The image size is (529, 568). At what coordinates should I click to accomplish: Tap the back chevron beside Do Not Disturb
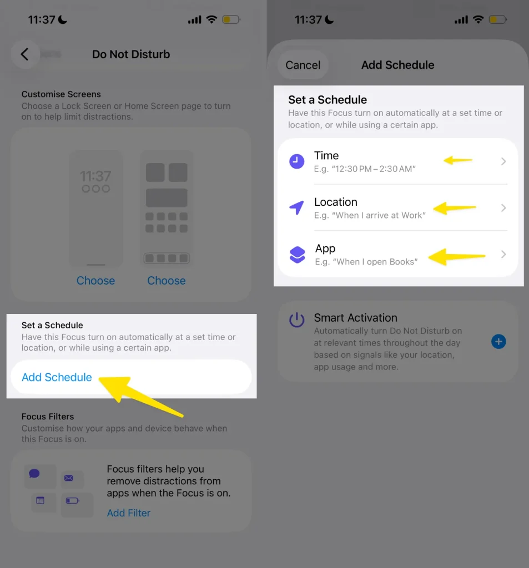pos(24,54)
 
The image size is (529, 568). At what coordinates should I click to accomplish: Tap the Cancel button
pos(303,65)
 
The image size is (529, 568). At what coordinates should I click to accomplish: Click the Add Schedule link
pos(57,377)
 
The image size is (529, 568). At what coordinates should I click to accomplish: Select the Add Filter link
pos(128,513)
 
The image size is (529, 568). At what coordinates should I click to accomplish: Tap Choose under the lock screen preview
pos(95,281)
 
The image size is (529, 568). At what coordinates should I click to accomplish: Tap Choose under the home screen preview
pos(167,281)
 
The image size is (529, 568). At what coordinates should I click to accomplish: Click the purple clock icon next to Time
pos(296,161)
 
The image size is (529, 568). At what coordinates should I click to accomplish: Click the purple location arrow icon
pos(296,207)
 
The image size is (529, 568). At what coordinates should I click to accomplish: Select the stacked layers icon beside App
pos(298,254)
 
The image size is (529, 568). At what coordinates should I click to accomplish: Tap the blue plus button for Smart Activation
pos(498,342)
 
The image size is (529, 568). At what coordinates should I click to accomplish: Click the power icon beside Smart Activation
pos(296,320)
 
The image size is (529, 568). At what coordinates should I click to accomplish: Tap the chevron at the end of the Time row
pos(503,161)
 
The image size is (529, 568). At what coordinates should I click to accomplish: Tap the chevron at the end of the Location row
pos(503,207)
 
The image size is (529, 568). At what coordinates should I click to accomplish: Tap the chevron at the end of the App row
pos(503,254)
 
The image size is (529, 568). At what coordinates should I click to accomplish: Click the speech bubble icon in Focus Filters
pos(34,474)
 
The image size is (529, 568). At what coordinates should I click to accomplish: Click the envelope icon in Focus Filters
pos(68,478)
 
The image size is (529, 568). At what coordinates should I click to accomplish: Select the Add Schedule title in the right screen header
pos(398,65)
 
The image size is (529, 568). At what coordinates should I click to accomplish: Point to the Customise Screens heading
pos(61,94)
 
